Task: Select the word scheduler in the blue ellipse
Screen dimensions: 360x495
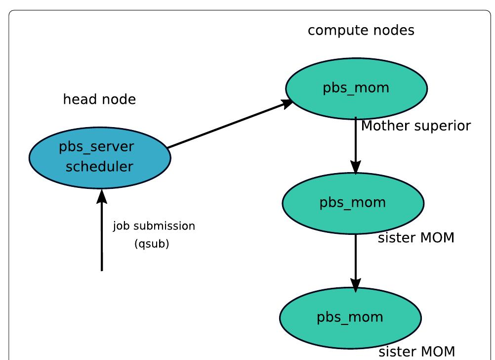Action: tap(99, 167)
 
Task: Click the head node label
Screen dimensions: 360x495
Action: tap(99, 99)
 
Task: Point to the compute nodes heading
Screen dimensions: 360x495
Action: tap(361, 30)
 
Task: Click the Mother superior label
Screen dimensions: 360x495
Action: tap(416, 126)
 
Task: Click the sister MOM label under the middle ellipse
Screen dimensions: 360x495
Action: tap(416, 238)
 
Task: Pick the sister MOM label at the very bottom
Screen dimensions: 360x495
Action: tap(416, 352)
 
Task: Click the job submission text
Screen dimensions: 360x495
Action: tap(154, 226)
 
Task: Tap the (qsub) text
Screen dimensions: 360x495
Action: tap(152, 244)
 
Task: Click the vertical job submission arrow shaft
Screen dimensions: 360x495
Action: tap(102, 237)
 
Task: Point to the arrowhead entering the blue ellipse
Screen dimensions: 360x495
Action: tap(102, 195)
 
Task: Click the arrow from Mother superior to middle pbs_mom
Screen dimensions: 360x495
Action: tap(356, 143)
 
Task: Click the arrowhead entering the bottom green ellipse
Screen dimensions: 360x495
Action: tap(356, 284)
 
